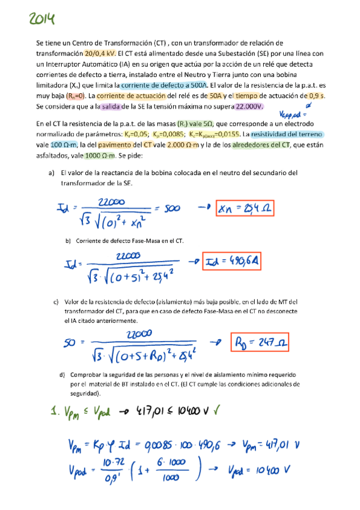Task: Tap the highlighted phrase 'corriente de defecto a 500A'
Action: click(x=156, y=86)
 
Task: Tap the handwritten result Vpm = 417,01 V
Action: click(x=271, y=446)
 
